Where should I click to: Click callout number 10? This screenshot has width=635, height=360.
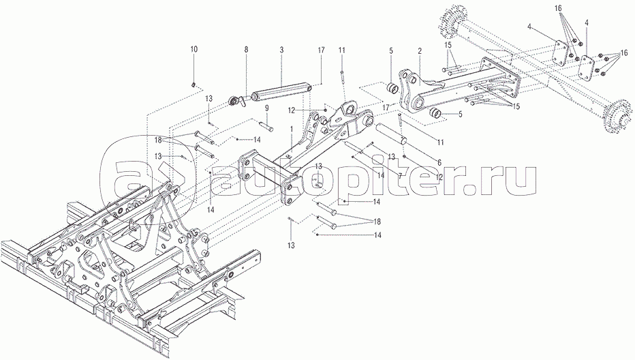(194, 49)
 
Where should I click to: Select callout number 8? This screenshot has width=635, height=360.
(246, 49)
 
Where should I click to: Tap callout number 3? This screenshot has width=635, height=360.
(281, 50)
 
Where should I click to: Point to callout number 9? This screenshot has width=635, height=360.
(267, 108)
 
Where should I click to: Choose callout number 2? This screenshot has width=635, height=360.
(420, 51)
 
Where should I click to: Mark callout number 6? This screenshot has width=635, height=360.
(439, 162)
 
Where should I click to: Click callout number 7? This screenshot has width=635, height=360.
(400, 177)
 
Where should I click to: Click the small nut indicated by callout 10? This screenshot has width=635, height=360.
(194, 85)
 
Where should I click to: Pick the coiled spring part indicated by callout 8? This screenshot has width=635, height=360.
(238, 102)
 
